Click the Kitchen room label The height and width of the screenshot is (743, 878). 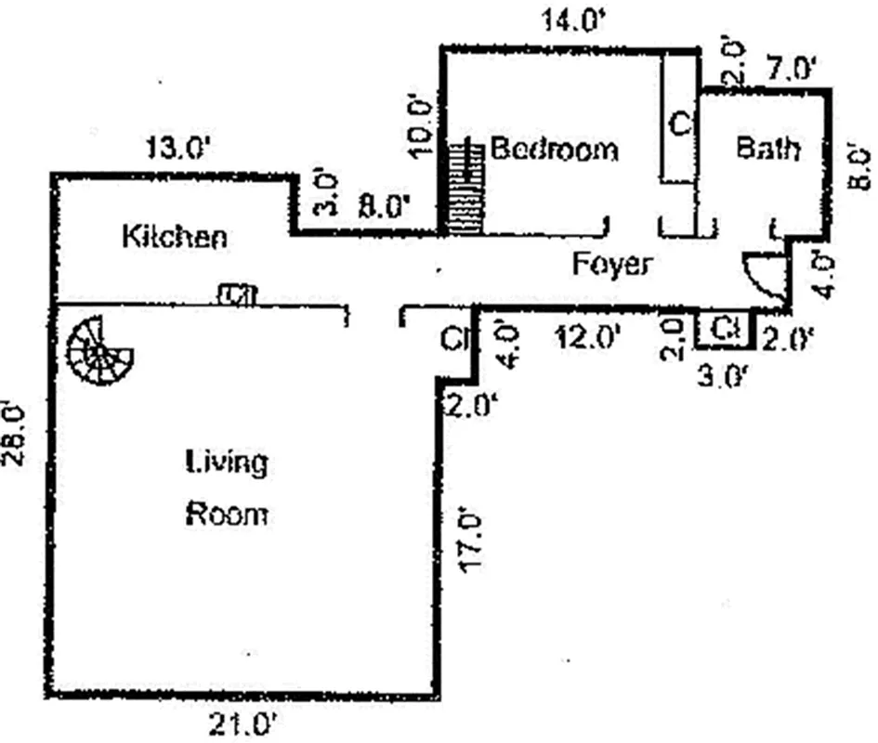175,237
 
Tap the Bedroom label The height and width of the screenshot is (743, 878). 554,149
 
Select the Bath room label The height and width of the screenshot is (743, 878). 767,148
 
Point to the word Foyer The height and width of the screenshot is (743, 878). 610,265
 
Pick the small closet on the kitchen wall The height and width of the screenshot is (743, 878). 236,295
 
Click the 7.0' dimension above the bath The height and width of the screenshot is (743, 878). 790,69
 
